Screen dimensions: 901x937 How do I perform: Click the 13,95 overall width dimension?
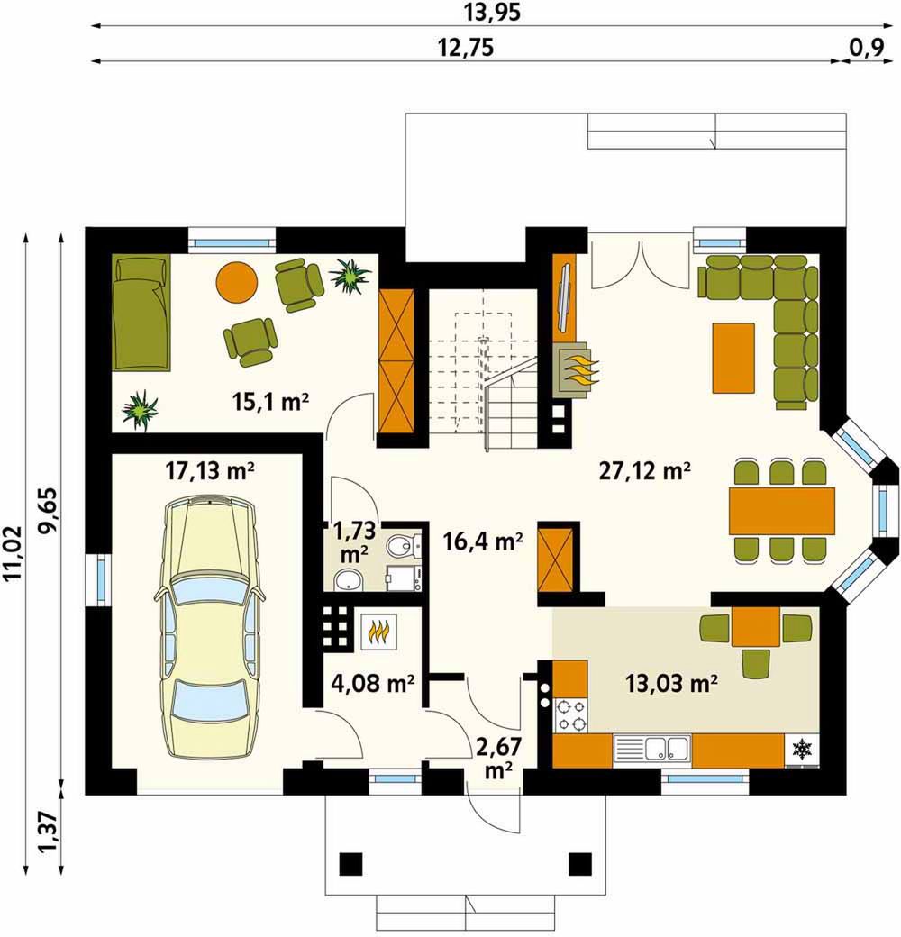491,13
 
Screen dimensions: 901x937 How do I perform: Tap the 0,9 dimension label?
865,48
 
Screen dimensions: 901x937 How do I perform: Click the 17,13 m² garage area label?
209,471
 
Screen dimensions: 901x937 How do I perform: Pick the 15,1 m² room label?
270,402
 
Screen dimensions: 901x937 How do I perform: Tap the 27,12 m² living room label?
645,471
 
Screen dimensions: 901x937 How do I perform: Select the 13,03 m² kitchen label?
671,682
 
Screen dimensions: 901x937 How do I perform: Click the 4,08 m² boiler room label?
373,682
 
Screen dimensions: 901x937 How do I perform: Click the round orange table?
237,282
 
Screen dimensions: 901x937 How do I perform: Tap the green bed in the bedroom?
141,313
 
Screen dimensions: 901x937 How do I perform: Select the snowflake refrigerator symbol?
801,748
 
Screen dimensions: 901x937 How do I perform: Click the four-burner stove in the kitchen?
570,714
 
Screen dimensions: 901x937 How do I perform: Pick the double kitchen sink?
651,750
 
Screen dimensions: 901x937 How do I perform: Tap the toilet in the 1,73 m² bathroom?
403,544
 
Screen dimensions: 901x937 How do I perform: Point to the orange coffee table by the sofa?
733,358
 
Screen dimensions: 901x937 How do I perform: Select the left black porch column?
350,863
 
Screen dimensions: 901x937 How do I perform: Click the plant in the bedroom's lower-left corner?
140,411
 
